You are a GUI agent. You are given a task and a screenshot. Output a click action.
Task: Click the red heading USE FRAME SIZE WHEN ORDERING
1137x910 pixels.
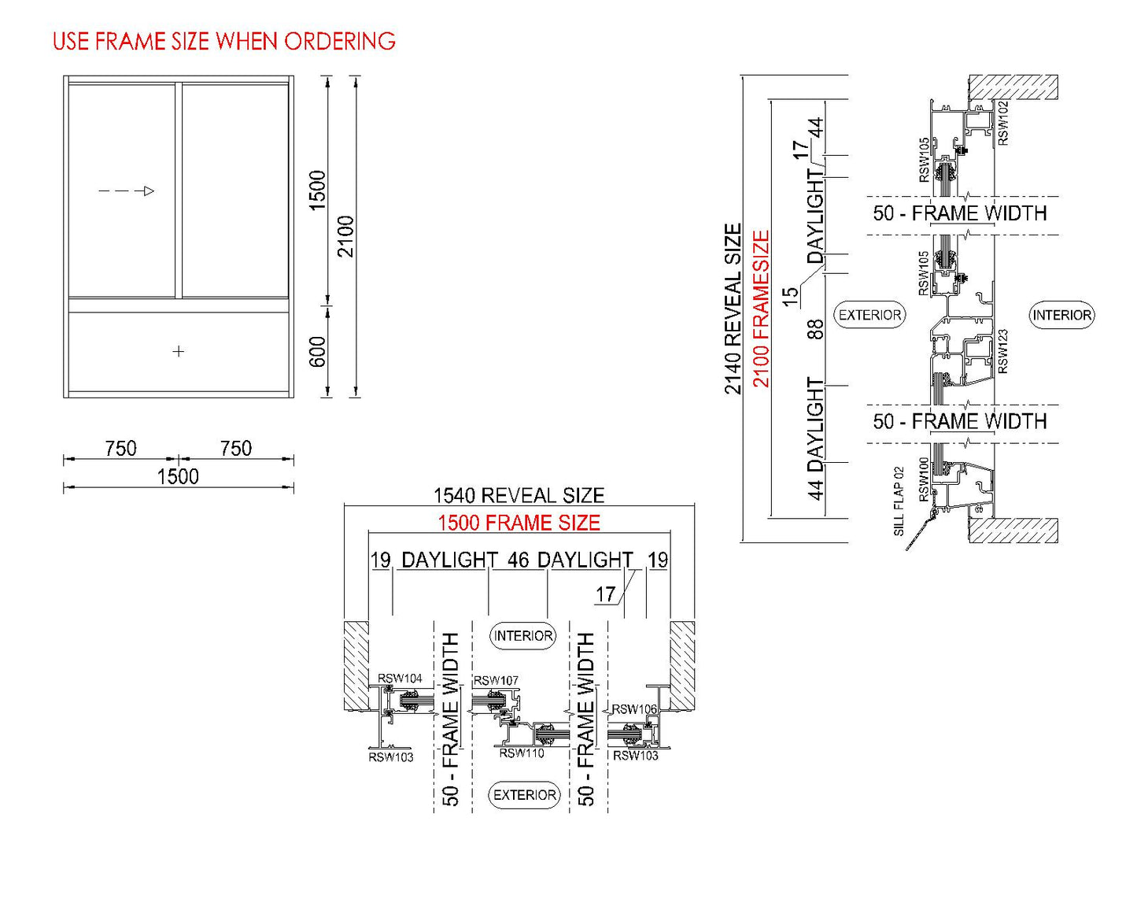point(223,41)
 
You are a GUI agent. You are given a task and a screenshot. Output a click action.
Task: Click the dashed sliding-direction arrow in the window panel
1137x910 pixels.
point(126,191)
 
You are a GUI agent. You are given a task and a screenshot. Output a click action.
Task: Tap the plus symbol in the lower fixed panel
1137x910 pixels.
point(179,351)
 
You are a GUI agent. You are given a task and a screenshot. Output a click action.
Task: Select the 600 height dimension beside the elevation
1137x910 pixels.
point(317,352)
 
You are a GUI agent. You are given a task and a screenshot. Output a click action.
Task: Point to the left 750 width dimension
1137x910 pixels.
point(120,448)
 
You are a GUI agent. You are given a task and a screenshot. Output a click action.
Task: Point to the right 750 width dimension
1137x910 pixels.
point(235,448)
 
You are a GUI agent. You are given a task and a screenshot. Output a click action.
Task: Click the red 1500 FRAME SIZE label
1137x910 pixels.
point(519,523)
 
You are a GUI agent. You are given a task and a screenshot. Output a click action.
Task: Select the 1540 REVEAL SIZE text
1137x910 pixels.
point(519,495)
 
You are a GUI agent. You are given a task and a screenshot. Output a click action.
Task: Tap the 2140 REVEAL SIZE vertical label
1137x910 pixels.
point(733,309)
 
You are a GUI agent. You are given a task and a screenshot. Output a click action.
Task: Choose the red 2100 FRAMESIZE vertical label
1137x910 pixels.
point(761,309)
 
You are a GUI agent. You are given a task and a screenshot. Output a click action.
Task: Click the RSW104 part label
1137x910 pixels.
point(400,678)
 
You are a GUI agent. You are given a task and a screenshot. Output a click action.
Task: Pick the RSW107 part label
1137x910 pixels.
point(496,680)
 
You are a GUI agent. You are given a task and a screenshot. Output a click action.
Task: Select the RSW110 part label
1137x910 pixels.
point(521,753)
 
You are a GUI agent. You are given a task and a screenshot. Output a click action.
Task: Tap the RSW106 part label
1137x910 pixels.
point(634,708)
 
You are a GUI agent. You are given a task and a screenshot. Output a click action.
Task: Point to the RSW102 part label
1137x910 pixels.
point(1003,123)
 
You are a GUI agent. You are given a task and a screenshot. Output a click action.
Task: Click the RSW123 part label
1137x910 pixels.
point(1003,351)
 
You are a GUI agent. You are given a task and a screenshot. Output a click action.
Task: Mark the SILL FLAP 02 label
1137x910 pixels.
point(899,501)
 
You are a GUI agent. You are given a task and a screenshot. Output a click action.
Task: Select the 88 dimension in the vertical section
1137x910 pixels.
point(816,329)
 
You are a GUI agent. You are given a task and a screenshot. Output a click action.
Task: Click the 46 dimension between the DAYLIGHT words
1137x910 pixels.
point(518,560)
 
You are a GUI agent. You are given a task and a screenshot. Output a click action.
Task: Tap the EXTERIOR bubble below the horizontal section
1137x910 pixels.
point(525,795)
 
